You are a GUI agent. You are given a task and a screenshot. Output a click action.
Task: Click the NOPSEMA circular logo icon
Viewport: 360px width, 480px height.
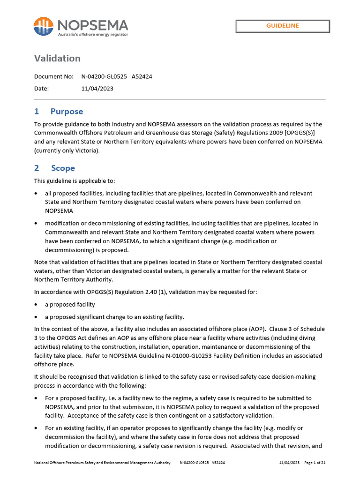[44, 26]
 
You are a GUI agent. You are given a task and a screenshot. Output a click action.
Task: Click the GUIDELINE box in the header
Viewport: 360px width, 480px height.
[283, 26]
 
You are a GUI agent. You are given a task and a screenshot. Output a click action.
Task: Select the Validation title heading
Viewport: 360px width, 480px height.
[57, 58]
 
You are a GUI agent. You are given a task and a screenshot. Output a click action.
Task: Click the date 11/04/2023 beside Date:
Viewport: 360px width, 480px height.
[97, 88]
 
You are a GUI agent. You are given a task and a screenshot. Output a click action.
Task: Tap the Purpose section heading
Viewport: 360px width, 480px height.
[67, 112]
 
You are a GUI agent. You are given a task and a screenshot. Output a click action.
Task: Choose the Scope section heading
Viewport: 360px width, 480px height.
[63, 168]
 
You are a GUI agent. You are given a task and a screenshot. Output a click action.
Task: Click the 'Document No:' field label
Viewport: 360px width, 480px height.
[54, 76]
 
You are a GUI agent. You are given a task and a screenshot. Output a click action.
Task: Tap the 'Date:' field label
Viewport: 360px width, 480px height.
[41, 88]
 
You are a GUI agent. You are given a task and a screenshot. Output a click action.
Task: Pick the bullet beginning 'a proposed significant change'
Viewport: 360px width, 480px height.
[114, 316]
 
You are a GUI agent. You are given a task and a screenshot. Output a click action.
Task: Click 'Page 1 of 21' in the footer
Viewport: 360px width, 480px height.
[315, 463]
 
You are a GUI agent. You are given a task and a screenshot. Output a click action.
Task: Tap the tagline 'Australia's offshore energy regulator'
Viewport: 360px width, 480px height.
[93, 34]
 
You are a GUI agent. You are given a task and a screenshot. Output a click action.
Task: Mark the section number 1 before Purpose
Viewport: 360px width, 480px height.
[37, 112]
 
